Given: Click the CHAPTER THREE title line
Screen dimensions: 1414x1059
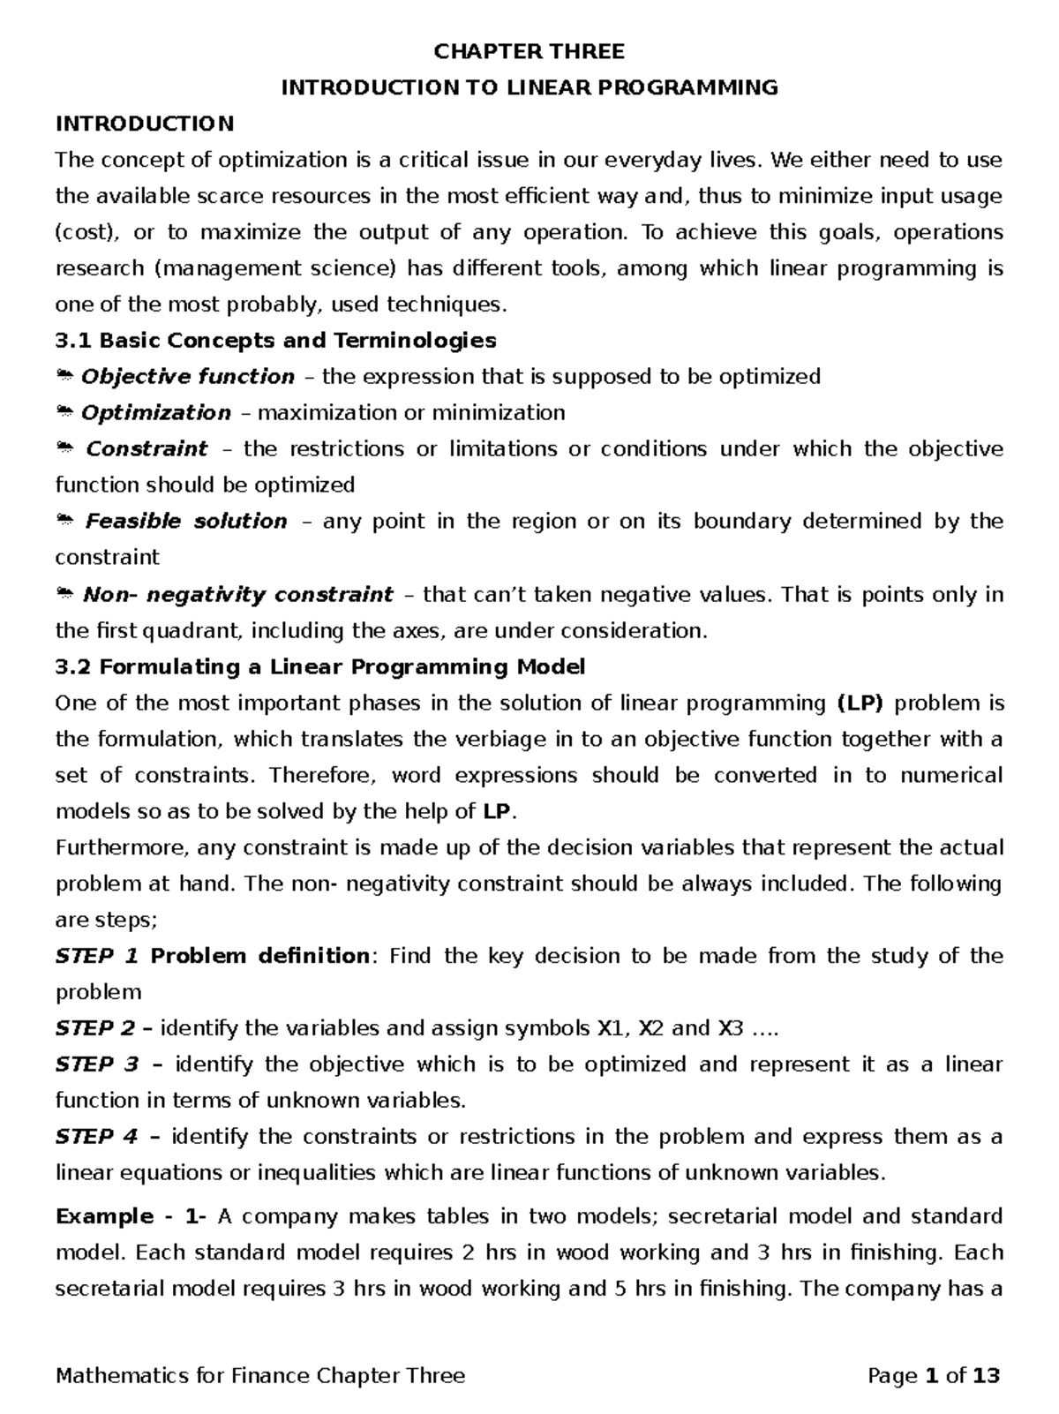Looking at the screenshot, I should pos(529,52).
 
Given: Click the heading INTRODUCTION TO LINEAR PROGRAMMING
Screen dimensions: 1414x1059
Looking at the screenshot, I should pos(529,87).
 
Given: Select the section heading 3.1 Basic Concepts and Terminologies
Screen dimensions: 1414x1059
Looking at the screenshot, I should pos(275,341).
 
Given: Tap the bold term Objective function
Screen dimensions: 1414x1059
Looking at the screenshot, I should pos(187,377).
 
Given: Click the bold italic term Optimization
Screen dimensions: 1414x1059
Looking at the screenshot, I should pos(155,413).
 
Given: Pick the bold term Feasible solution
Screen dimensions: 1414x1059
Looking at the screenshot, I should pos(186,522).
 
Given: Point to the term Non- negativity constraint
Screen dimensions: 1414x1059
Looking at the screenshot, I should pos(237,595).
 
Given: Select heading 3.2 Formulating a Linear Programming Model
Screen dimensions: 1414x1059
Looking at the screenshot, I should pos(319,667).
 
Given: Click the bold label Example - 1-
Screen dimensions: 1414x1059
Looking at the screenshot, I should pos(131,1217).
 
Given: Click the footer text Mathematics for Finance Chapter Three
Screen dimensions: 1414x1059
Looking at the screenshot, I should pos(259,1376).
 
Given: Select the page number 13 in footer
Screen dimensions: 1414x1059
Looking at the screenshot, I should pos(986,1376).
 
